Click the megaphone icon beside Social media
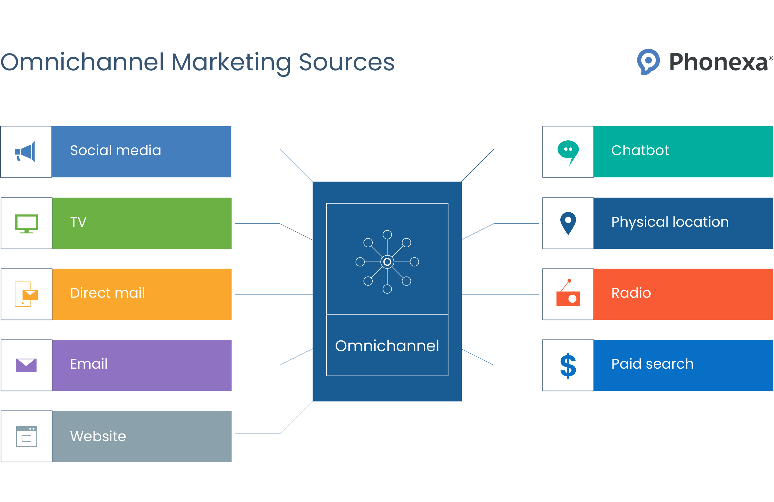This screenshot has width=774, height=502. click(x=25, y=151)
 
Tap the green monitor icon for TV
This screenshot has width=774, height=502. click(x=26, y=224)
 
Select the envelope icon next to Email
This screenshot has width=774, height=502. click(x=26, y=365)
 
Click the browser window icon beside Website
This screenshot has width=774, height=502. click(x=26, y=436)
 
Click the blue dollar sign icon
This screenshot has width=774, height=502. click(x=568, y=365)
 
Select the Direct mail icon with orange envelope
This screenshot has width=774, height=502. click(x=26, y=294)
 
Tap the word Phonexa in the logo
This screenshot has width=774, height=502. click(x=718, y=62)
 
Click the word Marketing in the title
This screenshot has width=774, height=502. click(x=231, y=62)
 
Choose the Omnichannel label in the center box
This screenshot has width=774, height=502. click(x=387, y=346)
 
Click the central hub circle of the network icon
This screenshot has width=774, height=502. click(x=387, y=261)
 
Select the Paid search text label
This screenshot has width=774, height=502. click(x=652, y=364)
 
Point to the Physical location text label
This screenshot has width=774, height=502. click(x=670, y=222)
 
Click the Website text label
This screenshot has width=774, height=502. click(x=98, y=436)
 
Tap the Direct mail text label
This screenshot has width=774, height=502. click(x=107, y=293)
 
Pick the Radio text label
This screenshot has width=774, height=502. click(x=631, y=293)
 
